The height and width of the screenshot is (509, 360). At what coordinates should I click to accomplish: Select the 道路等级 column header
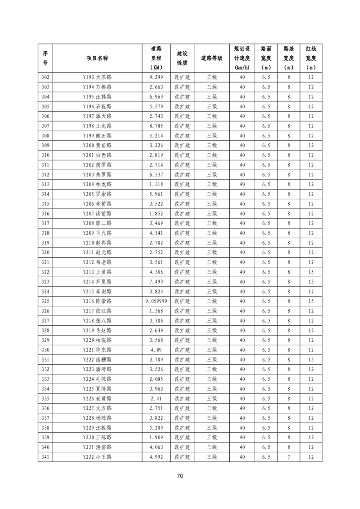[x=212, y=58]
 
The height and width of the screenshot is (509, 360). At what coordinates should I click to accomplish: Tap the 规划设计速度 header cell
[x=242, y=58]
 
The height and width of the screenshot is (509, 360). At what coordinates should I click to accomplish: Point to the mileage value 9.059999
[x=156, y=301]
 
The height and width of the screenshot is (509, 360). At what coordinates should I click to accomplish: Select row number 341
[x=45, y=457]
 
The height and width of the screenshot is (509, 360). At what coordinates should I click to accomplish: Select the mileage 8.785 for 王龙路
[x=156, y=126]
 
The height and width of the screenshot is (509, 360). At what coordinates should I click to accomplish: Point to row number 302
[x=45, y=77]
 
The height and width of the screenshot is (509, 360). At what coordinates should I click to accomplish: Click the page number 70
[x=180, y=476]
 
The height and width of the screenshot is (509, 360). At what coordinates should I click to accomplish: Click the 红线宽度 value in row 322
[x=311, y=272]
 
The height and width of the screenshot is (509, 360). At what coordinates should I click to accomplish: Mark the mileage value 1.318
[x=156, y=184]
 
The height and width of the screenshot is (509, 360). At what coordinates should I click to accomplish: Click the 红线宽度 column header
[x=311, y=58]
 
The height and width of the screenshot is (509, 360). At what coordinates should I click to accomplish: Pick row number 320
[x=45, y=253]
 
